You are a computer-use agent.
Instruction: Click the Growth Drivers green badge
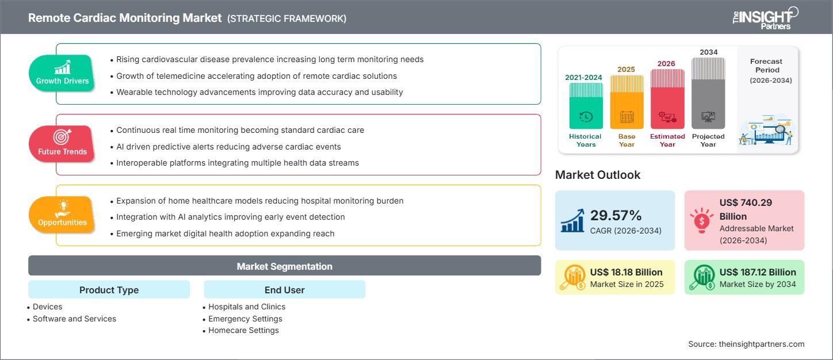pyautogui.click(x=62, y=73)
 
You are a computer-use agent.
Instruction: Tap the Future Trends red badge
pyautogui.click(x=62, y=144)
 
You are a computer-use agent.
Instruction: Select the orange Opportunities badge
pyautogui.click(x=62, y=215)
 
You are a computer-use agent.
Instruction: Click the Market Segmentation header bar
pyautogui.click(x=284, y=266)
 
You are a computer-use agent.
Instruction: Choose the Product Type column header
pyautogui.click(x=109, y=290)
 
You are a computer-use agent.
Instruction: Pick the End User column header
pyautogui.click(x=284, y=290)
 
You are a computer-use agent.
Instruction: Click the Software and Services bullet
pyautogui.click(x=74, y=319)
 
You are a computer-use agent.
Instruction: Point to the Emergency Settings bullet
pyautogui.click(x=245, y=319)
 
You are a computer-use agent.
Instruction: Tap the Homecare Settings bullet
pyautogui.click(x=243, y=330)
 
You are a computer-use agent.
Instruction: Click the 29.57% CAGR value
pyautogui.click(x=616, y=216)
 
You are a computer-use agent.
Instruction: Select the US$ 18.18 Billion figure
pyautogui.click(x=626, y=272)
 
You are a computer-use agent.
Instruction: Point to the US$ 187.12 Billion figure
pyautogui.click(x=758, y=272)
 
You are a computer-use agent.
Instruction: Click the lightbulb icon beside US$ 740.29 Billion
pyautogui.click(x=701, y=220)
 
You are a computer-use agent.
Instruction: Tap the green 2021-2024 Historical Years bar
pyautogui.click(x=586, y=106)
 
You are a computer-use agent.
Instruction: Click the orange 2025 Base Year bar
pyautogui.click(x=626, y=102)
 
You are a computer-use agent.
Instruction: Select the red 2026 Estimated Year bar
pyautogui.click(x=667, y=98)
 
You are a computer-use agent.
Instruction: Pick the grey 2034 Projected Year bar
pyautogui.click(x=708, y=93)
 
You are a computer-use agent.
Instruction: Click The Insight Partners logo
pyautogui.click(x=765, y=18)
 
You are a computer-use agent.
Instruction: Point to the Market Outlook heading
pyautogui.click(x=598, y=175)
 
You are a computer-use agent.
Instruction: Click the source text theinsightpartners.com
pyautogui.click(x=746, y=344)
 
